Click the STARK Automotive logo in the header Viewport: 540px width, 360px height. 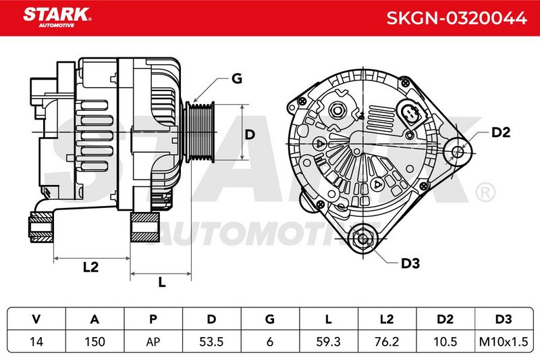click(57, 18)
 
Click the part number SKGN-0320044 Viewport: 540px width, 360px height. click(456, 18)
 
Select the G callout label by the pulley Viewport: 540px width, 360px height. click(237, 79)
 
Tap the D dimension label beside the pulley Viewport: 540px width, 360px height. click(250, 134)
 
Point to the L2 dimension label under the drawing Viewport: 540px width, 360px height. click(91, 267)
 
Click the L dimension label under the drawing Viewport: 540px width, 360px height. click(161, 282)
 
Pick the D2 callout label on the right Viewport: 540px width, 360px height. click(500, 132)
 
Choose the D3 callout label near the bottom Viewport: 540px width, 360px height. click(410, 263)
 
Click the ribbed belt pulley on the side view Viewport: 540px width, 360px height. click(200, 132)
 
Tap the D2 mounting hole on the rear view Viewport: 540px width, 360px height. click(458, 151)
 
